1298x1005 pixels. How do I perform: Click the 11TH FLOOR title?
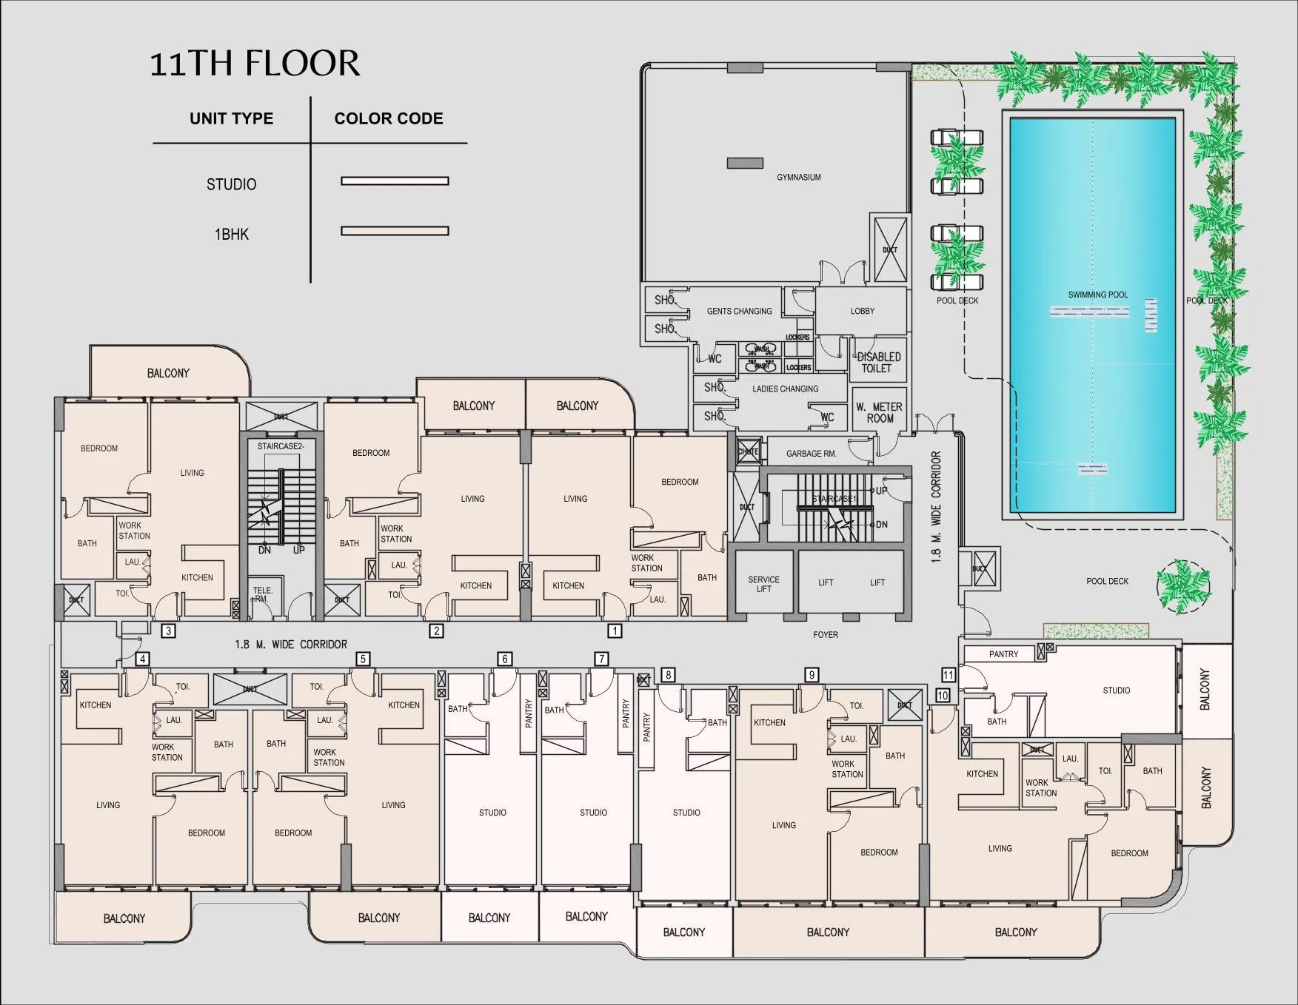click(255, 63)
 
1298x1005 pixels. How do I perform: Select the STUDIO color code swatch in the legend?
click(395, 181)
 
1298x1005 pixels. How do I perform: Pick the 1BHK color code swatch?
click(395, 231)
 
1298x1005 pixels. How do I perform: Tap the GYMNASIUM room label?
click(798, 178)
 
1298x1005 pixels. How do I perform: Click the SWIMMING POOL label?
click(1097, 295)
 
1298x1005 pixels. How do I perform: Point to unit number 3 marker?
click(169, 631)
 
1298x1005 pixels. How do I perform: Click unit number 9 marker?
click(812, 675)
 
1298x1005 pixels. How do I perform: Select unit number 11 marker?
click(948, 675)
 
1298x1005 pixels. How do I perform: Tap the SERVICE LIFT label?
click(763, 584)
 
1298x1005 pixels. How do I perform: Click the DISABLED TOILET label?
click(878, 363)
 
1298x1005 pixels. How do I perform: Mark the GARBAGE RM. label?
click(811, 454)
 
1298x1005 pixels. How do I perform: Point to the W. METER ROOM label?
click(879, 412)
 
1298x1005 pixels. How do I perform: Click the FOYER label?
click(825, 634)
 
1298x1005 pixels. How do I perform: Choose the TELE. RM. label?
click(263, 594)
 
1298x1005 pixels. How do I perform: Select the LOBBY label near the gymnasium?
click(862, 311)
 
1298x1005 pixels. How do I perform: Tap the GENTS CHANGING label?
click(739, 311)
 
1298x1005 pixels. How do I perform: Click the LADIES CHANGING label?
click(785, 389)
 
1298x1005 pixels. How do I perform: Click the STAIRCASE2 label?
click(281, 446)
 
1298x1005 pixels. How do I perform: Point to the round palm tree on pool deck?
click(1183, 585)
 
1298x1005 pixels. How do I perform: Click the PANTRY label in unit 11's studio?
click(1003, 654)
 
